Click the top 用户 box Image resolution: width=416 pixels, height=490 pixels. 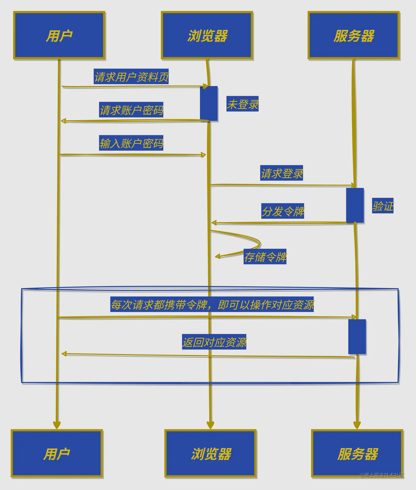pyautogui.click(x=59, y=35)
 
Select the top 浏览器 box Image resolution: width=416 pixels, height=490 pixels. pyautogui.click(x=207, y=35)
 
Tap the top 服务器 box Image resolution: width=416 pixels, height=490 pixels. pyautogui.click(x=354, y=35)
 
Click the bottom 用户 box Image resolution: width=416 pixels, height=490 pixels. pyautogui.click(x=57, y=453)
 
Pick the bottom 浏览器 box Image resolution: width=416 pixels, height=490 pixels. pyautogui.click(x=211, y=453)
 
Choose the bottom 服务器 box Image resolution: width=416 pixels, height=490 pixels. pyautogui.click(x=357, y=453)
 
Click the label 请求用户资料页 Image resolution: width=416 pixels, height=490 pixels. pyautogui.click(x=131, y=77)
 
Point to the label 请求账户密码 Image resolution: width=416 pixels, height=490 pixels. pyautogui.click(x=131, y=110)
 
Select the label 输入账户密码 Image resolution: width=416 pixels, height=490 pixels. pyautogui.click(x=131, y=143)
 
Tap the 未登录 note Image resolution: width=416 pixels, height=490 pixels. pyautogui.click(x=242, y=104)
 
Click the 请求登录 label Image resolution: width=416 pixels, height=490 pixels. pyautogui.click(x=281, y=173)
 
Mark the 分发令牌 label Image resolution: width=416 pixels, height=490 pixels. pyautogui.click(x=283, y=211)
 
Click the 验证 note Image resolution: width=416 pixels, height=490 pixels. pyautogui.click(x=383, y=206)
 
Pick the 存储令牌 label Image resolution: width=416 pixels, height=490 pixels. pyautogui.click(x=265, y=257)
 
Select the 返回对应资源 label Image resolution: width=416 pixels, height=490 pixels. pyautogui.click(x=214, y=342)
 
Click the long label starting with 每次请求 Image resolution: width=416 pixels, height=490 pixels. pyautogui.click(x=212, y=304)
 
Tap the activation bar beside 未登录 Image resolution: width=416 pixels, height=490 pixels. pyautogui.click(x=209, y=103)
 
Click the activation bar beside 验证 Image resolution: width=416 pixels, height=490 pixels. pyautogui.click(x=355, y=205)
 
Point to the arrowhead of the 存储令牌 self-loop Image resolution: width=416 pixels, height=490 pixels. pyautogui.click(x=217, y=257)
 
